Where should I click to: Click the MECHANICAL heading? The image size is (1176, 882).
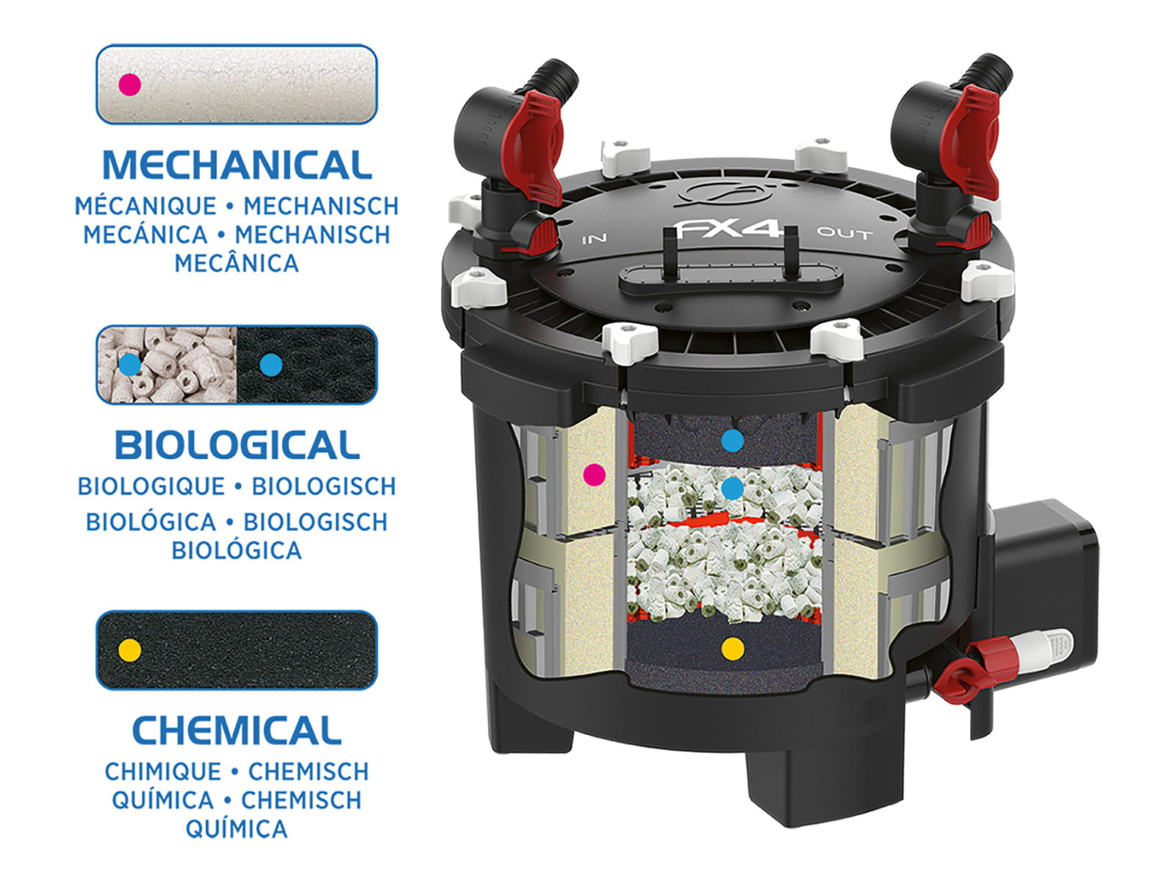pos(237,166)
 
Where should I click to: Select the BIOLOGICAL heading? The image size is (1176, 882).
pos(237,446)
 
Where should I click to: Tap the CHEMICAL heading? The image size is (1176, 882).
pos(237,730)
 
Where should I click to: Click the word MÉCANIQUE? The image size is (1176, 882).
pos(146,206)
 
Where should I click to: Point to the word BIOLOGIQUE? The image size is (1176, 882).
pos(151,486)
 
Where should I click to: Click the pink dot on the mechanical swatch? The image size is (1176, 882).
pos(130,85)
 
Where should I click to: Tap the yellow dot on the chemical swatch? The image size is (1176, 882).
pos(130,650)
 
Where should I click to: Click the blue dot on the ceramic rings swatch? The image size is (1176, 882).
pos(130,363)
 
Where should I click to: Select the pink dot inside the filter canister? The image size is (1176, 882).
pos(594,474)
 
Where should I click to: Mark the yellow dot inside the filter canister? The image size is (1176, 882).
pos(732,648)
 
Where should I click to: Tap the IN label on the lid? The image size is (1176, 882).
pos(595,239)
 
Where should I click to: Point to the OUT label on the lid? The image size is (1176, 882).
pos(845,234)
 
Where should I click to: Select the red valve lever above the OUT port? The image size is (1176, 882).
pos(974,136)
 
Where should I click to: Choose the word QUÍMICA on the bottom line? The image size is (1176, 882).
pos(237,829)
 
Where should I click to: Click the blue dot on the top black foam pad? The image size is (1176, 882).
pos(732,441)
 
